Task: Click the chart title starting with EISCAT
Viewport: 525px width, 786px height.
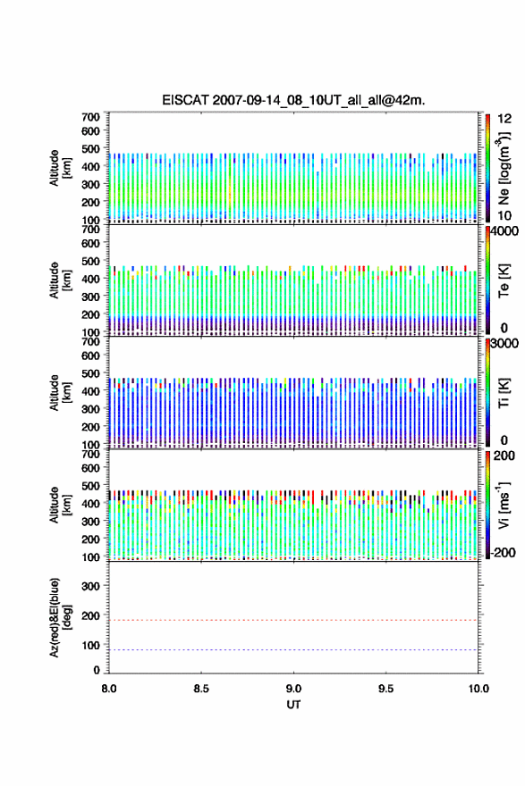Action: [x=293, y=100]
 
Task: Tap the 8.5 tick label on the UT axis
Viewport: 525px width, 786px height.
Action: [x=201, y=689]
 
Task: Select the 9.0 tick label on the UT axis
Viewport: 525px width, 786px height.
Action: [x=293, y=689]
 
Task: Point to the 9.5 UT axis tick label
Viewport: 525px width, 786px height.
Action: [x=386, y=689]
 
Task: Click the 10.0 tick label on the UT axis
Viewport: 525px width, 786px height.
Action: [x=478, y=689]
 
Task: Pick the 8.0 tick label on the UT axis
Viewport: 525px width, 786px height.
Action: [x=109, y=689]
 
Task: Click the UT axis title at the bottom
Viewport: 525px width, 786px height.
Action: [x=293, y=705]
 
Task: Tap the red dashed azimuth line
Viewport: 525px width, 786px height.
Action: [x=293, y=620]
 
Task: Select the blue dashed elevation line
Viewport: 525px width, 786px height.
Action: [x=293, y=649]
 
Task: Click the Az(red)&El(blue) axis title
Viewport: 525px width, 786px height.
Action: [x=60, y=617]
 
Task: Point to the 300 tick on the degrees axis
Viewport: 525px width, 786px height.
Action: [x=90, y=586]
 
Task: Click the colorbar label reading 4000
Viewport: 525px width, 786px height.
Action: [x=504, y=231]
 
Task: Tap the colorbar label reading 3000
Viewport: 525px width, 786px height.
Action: [x=504, y=343]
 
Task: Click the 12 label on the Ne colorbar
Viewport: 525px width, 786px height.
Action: [x=505, y=119]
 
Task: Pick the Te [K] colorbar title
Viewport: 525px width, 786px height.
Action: [x=504, y=280]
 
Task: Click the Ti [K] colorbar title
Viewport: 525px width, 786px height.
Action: [x=504, y=393]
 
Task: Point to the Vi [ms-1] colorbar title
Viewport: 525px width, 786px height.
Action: [x=504, y=506]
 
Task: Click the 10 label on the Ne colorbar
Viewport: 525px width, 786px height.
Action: [x=505, y=216]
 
